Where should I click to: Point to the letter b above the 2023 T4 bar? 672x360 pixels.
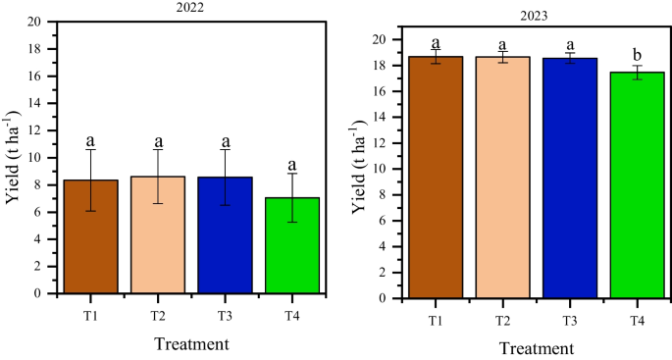tap(637, 54)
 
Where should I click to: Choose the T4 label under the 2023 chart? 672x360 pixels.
tap(637, 320)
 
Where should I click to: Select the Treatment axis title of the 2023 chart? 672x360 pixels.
tap(535, 348)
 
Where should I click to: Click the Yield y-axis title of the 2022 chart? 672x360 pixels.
tap(13, 157)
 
